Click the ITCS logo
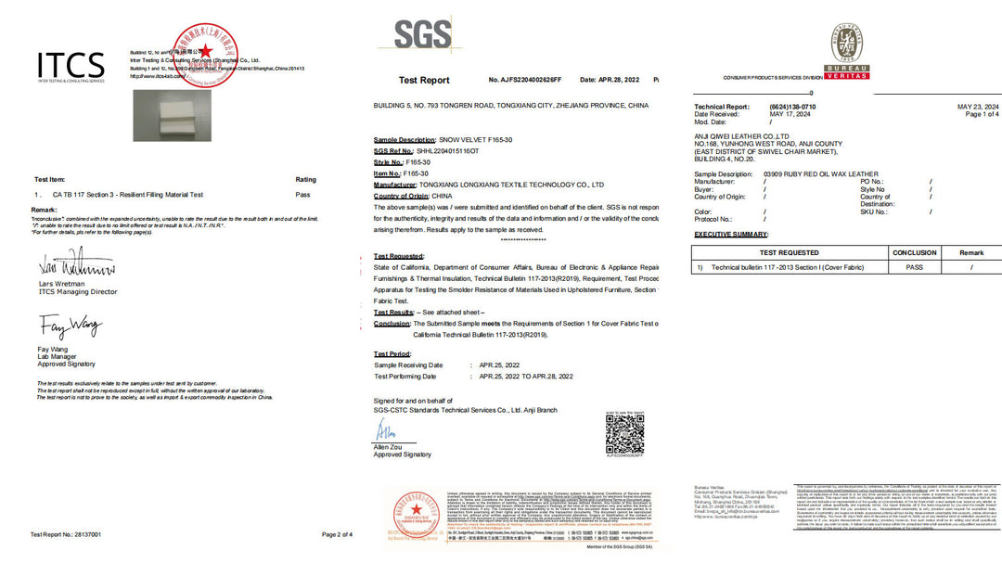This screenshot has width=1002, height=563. [x=71, y=67]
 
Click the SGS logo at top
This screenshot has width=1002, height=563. [x=422, y=35]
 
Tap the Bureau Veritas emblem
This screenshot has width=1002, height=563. [x=849, y=50]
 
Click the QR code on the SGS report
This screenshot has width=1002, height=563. [x=624, y=433]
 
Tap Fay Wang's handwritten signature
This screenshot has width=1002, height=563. [x=70, y=326]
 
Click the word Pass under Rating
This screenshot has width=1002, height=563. [x=302, y=195]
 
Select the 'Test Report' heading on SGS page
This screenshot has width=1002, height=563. [x=424, y=81]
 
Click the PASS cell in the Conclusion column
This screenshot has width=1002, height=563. [x=914, y=267]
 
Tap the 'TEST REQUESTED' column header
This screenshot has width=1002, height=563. [x=790, y=252]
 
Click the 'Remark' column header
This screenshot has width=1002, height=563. [x=970, y=252]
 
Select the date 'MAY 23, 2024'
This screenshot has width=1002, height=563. [x=978, y=107]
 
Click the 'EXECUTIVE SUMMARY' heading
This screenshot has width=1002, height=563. [x=732, y=236]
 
